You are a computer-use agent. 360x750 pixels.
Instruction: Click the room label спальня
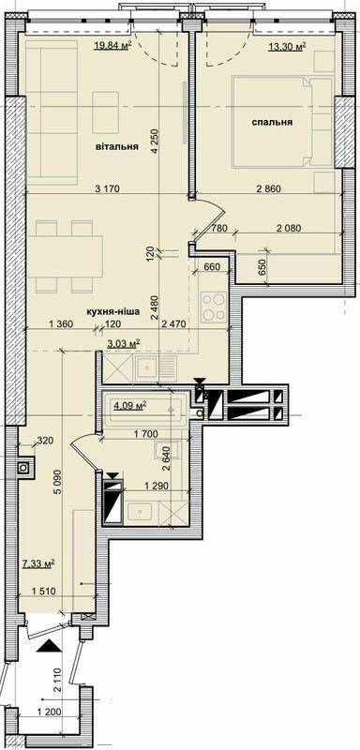[272, 123]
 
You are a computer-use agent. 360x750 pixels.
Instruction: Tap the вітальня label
[117, 147]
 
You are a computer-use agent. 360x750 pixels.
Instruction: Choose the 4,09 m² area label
[130, 406]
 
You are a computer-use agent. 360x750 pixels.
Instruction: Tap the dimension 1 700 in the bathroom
[145, 434]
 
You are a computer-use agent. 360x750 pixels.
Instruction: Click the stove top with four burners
[214, 307]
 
